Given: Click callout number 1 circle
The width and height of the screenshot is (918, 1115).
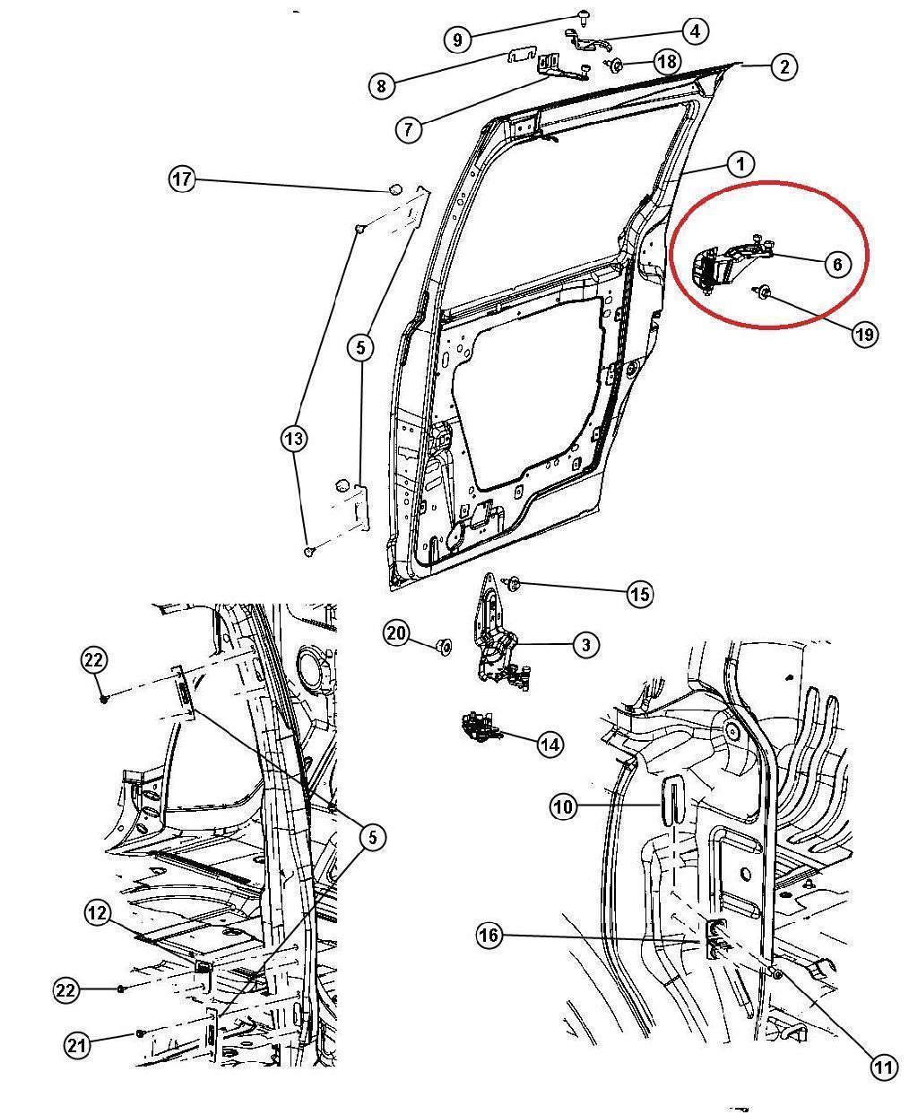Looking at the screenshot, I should tap(740, 164).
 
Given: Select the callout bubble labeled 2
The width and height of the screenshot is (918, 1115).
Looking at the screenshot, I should tap(784, 66).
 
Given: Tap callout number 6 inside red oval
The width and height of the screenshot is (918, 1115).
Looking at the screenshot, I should tap(836, 264).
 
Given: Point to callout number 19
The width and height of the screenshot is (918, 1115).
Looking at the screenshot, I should tap(864, 335).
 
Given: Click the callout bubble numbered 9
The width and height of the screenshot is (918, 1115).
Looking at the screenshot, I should tap(457, 39).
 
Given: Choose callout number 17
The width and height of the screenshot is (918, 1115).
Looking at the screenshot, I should tap(182, 179).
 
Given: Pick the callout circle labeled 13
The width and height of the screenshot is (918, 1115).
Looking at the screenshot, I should tap(294, 439).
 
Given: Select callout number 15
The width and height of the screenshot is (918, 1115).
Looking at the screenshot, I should tap(639, 594).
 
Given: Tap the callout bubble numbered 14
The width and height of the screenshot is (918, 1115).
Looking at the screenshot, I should tap(550, 744).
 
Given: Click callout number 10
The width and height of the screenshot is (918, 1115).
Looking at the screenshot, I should tap(562, 807).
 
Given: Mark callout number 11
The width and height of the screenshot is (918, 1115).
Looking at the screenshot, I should tap(883, 1067).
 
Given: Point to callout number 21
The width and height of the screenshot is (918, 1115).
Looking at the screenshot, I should tap(77, 1044).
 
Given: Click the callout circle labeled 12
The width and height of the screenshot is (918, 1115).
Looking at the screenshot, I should tap(98, 914).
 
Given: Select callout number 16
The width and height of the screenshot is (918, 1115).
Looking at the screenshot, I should tap(489, 936).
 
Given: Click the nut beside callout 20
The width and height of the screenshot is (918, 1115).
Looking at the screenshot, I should tap(443, 645).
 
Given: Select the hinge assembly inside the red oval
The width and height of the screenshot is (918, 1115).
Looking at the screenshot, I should tap(722, 266).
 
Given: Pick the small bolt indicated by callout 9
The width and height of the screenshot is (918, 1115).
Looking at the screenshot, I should tap(585, 15).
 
